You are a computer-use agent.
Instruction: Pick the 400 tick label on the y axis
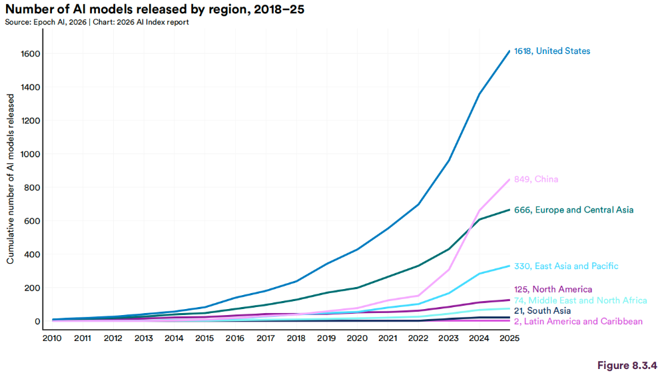click(x=32, y=254)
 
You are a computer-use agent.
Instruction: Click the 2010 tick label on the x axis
click(x=52, y=338)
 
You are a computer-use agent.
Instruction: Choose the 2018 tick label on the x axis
click(x=296, y=338)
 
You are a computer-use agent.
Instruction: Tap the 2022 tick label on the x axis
click(x=418, y=338)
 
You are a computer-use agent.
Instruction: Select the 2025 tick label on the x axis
click(x=509, y=338)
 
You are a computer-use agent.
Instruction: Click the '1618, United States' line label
click(x=552, y=51)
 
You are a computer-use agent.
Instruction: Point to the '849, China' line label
click(x=536, y=179)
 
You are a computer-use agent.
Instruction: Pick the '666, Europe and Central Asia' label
click(x=573, y=210)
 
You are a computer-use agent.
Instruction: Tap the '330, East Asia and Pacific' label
click(x=565, y=266)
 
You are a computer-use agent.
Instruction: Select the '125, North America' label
click(x=553, y=289)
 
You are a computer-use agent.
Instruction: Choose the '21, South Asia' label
click(x=542, y=311)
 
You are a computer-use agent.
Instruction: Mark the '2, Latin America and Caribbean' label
click(x=578, y=322)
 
